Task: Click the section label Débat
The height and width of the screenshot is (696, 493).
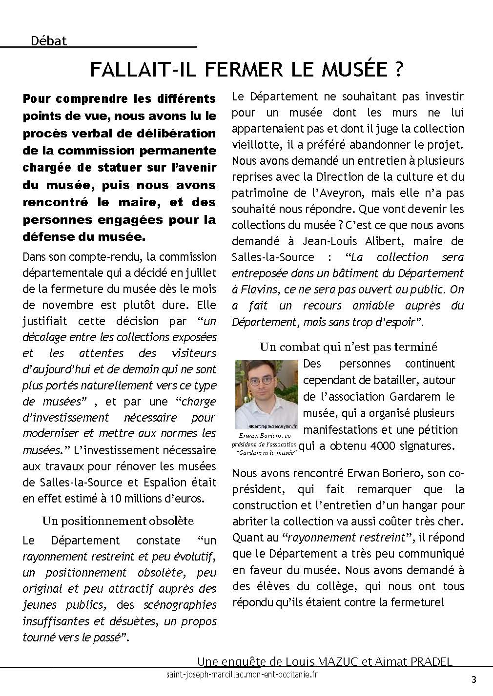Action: tap(48, 41)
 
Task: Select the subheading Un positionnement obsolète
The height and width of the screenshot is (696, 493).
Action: tap(118, 521)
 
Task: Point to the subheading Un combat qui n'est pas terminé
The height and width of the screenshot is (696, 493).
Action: tap(348, 347)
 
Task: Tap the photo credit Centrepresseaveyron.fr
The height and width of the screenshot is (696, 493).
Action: tap(267, 425)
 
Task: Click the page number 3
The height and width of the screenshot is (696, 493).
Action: tap(473, 679)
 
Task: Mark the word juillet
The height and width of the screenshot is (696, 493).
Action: tap(199, 273)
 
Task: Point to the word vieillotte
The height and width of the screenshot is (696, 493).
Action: tap(258, 145)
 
